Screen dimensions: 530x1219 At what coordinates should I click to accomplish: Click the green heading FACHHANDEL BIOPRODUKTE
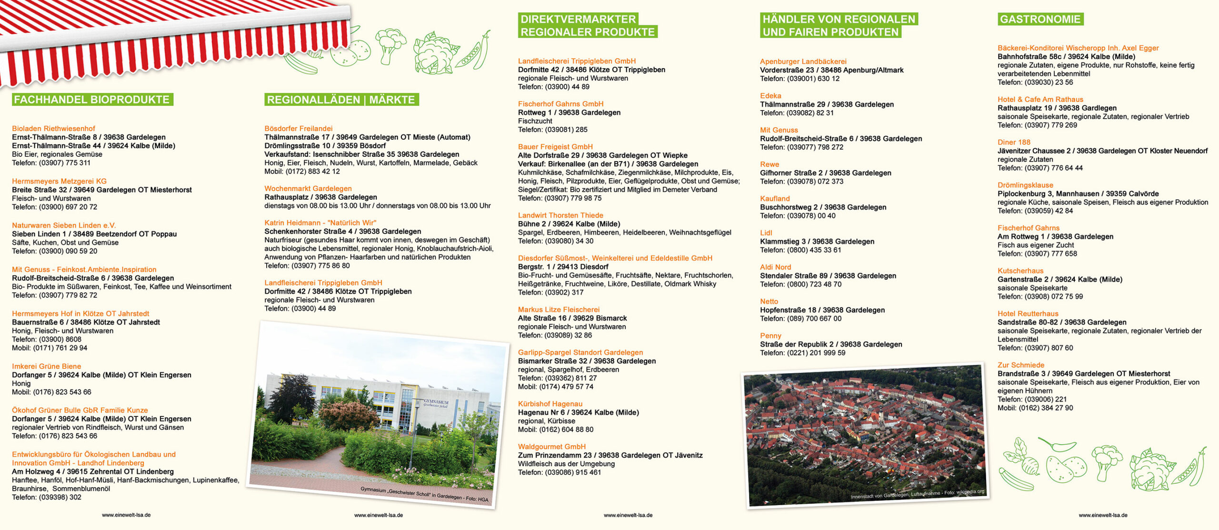point(92,100)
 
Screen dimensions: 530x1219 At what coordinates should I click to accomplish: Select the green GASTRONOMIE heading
point(1040,19)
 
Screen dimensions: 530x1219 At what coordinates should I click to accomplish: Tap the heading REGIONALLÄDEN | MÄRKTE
point(341,100)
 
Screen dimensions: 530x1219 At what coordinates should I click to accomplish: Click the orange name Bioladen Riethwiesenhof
point(53,129)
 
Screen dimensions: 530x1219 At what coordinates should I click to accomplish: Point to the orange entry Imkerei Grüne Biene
point(46,367)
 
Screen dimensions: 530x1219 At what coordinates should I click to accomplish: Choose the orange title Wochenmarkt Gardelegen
point(308,189)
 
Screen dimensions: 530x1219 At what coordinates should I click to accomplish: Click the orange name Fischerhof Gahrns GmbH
point(560,104)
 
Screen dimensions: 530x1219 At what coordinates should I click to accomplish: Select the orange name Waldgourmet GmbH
point(551,447)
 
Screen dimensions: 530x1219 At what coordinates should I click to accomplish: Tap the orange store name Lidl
point(766,233)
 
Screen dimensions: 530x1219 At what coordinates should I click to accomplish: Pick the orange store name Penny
point(770,336)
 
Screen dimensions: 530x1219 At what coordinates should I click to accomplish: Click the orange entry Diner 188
point(1014,143)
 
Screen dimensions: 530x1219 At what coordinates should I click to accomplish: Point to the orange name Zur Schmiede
point(1020,365)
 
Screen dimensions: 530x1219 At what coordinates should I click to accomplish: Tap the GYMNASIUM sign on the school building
point(436,403)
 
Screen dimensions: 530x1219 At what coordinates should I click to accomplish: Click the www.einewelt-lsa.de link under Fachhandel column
point(126,515)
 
